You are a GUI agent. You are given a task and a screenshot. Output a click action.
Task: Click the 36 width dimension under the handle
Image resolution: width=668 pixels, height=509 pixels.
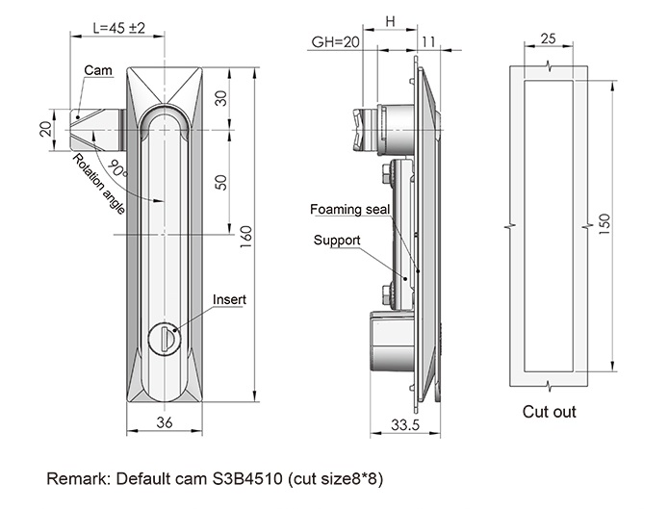coord(163,423)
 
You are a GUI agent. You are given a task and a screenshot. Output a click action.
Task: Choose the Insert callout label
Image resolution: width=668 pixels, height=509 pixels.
coord(229,299)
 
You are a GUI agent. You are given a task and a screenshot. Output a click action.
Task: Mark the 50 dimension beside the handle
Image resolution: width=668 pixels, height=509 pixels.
coord(220,183)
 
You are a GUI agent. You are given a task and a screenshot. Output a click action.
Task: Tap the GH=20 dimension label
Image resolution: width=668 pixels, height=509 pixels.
coord(335,42)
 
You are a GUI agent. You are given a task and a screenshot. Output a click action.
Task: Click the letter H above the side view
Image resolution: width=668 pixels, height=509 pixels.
coord(390,20)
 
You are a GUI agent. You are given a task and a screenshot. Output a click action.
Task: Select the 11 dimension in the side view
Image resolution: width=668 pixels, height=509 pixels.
coord(429,42)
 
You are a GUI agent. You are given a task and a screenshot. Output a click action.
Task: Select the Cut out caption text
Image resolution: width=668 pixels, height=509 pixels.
coord(549,412)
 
